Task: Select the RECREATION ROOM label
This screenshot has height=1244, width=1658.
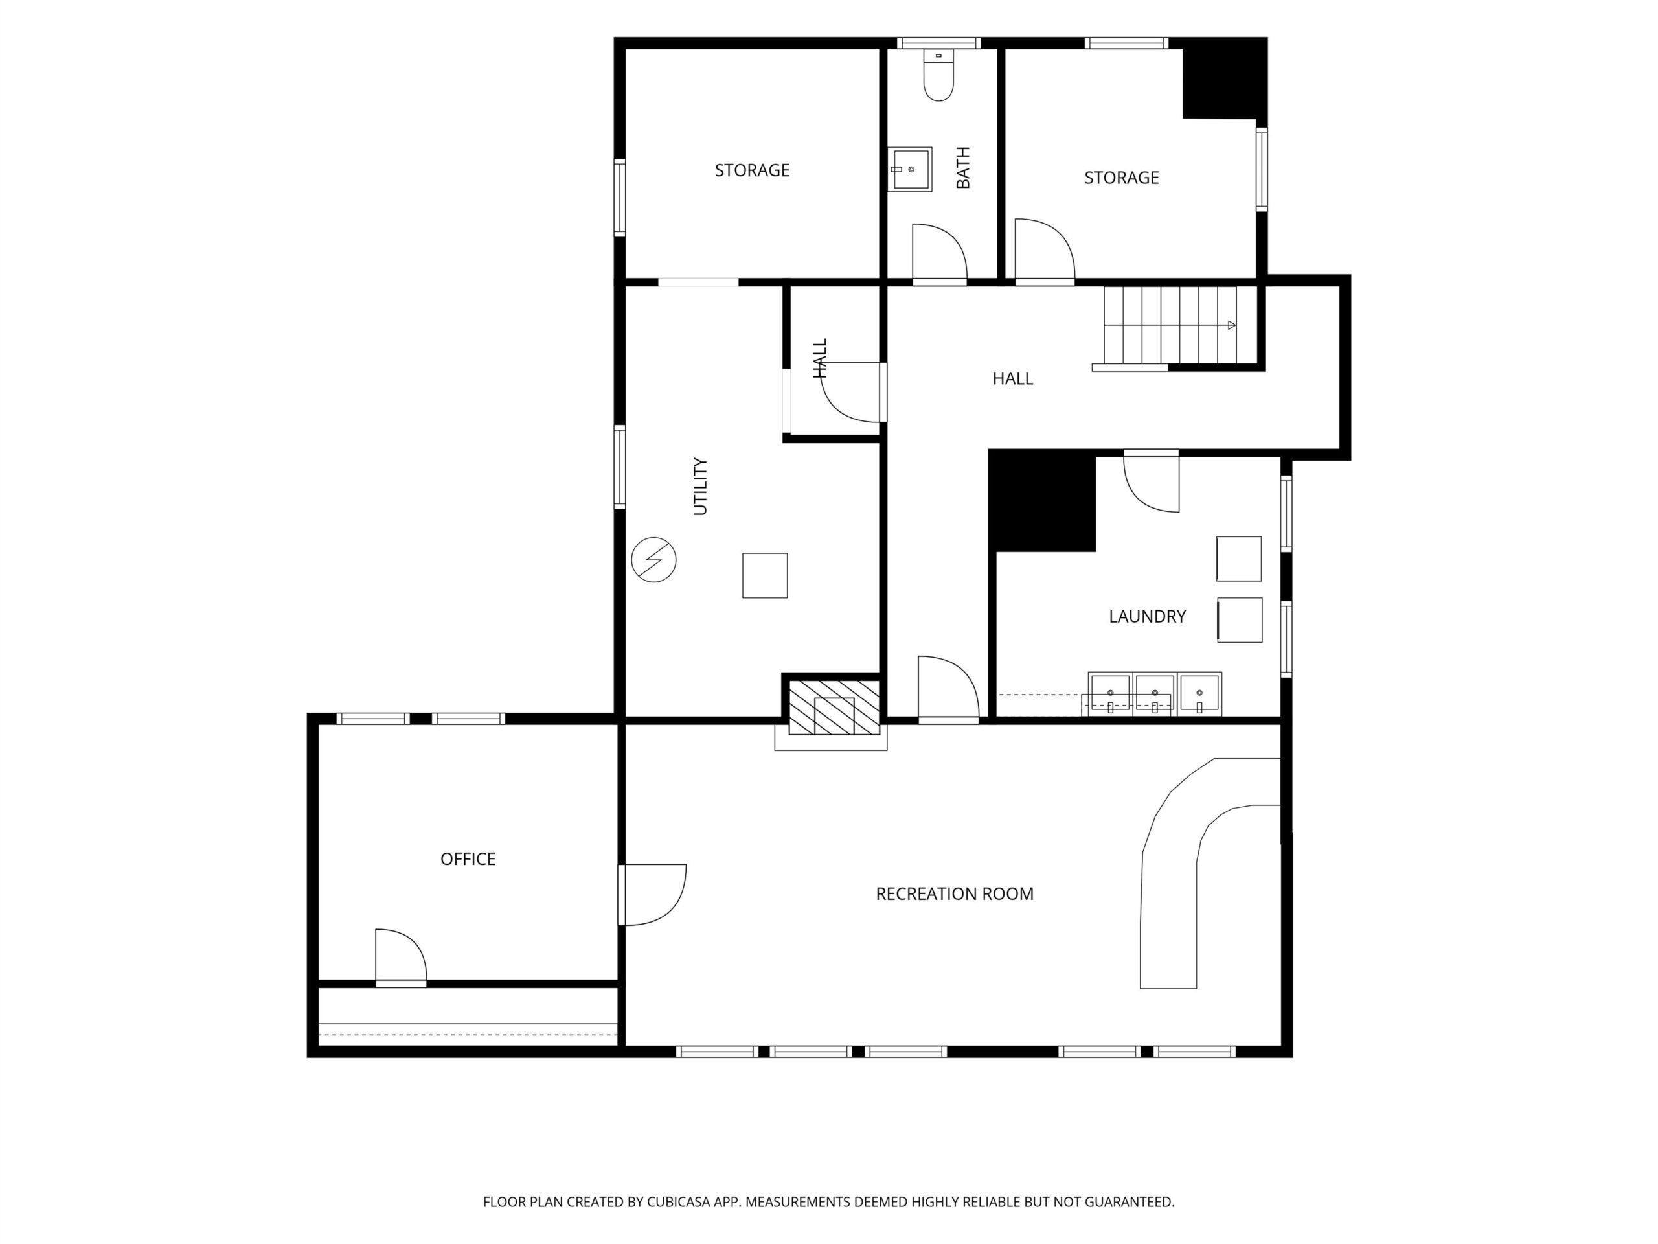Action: pos(954,894)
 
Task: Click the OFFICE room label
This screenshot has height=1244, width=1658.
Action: pos(468,859)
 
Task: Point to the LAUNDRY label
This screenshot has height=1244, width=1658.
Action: pos(1147,616)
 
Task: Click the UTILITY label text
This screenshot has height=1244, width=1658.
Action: pos(700,486)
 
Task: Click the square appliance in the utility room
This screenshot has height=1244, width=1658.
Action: pos(764,575)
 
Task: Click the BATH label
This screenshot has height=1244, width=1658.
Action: pos(963,167)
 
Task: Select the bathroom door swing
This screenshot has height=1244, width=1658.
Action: pos(939,251)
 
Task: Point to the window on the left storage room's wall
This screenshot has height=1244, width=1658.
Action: pos(620,198)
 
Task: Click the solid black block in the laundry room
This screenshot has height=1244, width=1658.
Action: pos(1043,501)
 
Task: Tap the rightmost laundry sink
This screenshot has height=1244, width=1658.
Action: pos(1199,694)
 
